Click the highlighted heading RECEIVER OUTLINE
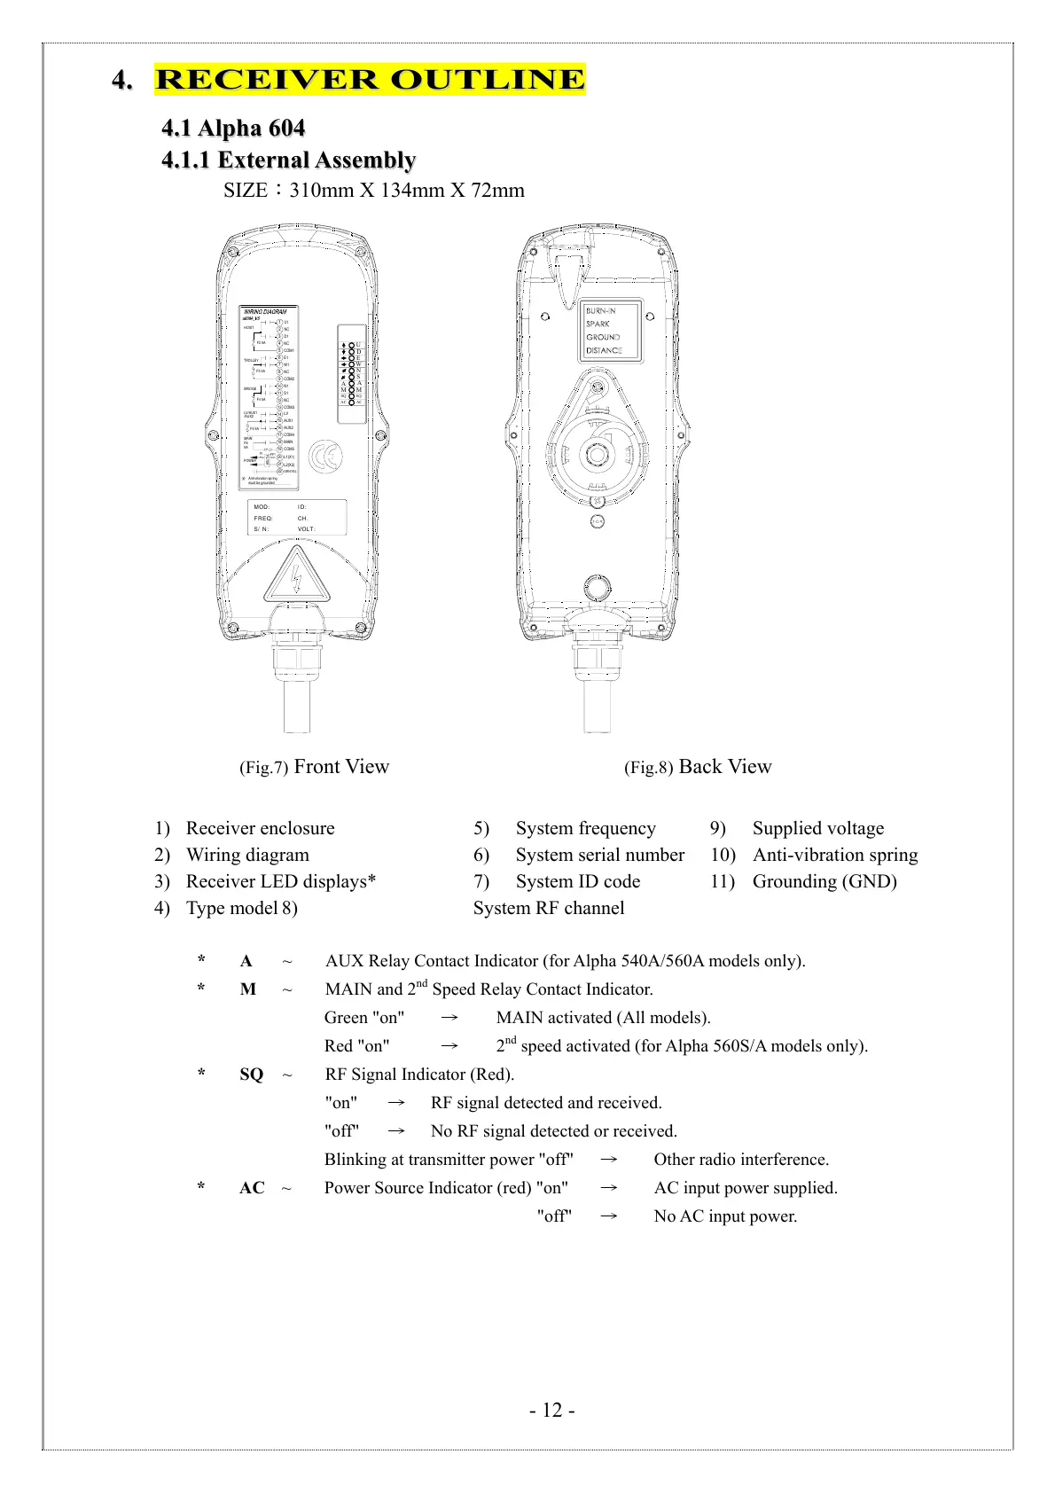[x=370, y=79]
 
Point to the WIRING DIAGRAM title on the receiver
[x=264, y=312]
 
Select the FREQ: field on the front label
[x=263, y=518]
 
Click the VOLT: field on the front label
[x=306, y=529]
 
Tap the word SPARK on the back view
[x=598, y=324]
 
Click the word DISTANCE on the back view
[x=604, y=350]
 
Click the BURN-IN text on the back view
[x=600, y=311]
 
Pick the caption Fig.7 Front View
[x=314, y=767]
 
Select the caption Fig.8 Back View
[x=698, y=767]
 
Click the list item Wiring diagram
[x=247, y=855]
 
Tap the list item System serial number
[x=599, y=855]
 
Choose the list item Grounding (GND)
[x=824, y=881]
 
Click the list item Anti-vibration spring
[x=835, y=855]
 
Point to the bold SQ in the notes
[x=251, y=1075]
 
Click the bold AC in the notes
[x=252, y=1188]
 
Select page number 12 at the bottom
[x=552, y=1411]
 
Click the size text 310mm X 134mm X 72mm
[x=407, y=191]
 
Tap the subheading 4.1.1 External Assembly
[x=288, y=160]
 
